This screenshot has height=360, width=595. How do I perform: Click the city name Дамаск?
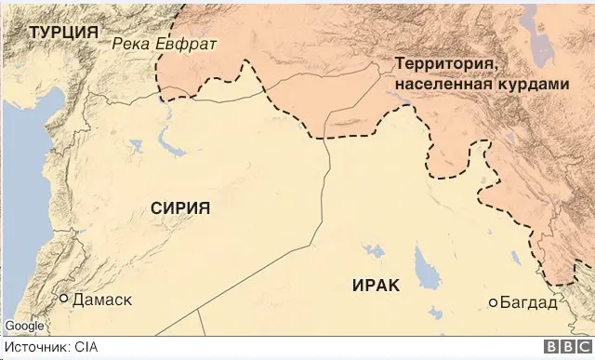(102, 300)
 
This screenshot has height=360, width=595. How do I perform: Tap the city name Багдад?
(529, 303)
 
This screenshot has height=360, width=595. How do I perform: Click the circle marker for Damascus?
(64, 300)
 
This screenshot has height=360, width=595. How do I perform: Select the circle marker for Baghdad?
(494, 302)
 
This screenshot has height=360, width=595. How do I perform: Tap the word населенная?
(443, 84)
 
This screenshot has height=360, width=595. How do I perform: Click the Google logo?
(23, 326)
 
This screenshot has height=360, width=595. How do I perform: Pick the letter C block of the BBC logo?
(579, 348)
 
